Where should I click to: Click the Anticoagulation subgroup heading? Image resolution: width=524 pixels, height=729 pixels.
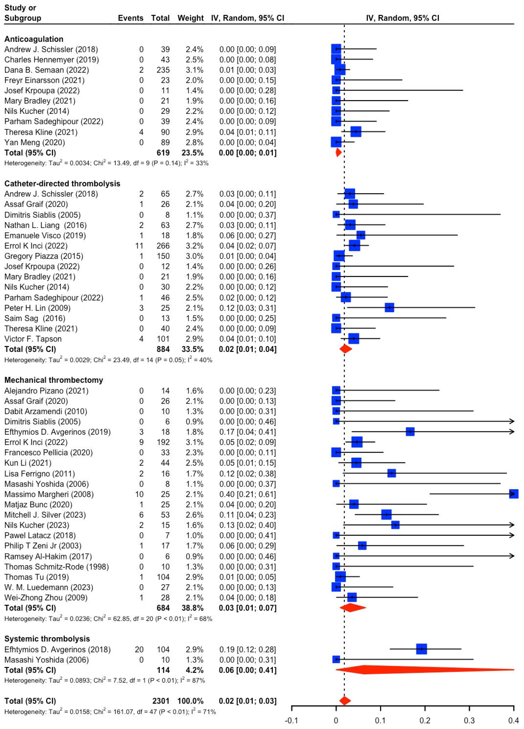(x=34, y=39)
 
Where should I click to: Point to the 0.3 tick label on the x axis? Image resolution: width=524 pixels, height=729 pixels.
(x=469, y=721)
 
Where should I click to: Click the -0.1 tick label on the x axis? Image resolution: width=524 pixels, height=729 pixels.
(x=291, y=721)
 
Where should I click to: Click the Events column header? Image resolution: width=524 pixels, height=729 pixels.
(x=130, y=18)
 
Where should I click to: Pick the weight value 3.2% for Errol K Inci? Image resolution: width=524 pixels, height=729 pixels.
(x=194, y=246)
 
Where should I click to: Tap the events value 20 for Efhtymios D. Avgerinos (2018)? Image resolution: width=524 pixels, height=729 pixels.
(x=139, y=649)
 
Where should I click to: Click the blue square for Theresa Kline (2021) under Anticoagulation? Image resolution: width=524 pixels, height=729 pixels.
(x=356, y=132)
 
